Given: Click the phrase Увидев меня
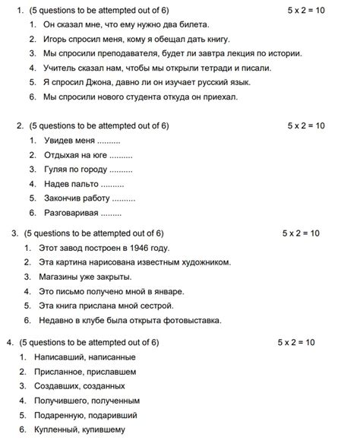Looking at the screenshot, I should (69, 141).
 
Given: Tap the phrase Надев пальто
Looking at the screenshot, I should (71, 184).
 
